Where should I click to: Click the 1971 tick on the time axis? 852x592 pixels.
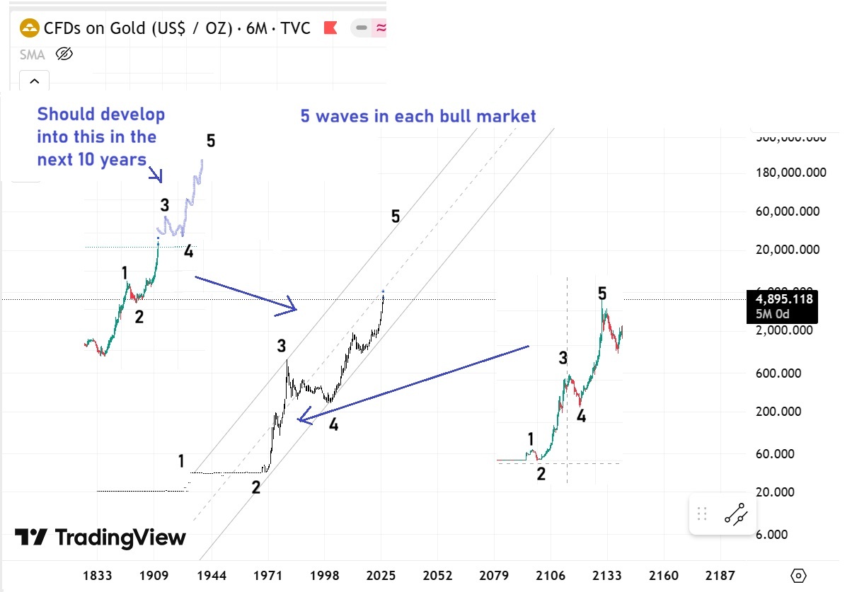pos(268,576)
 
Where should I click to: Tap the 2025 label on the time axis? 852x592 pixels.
pos(382,576)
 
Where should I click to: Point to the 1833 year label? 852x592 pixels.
pos(97,576)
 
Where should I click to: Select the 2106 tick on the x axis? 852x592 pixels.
pos(551,576)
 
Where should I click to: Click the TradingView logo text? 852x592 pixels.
pos(100,538)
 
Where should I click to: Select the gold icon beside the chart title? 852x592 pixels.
pos(29,28)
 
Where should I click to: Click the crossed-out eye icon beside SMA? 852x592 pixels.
pos(64,54)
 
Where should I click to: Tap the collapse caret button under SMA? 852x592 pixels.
pos(34,81)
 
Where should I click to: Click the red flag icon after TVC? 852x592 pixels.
pos(330,28)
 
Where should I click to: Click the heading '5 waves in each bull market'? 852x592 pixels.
pos(418,116)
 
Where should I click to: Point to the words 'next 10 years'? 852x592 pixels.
pos(91,159)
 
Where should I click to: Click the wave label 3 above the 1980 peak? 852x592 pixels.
pos(282,346)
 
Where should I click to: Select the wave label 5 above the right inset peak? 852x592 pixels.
pos(602,293)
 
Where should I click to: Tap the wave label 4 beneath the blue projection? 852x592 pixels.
pos(188,252)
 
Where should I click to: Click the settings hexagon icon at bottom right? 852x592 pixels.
pos(799,575)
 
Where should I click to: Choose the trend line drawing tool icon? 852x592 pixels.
pos(736,514)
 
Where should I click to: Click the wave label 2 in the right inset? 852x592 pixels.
pos(541,475)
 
